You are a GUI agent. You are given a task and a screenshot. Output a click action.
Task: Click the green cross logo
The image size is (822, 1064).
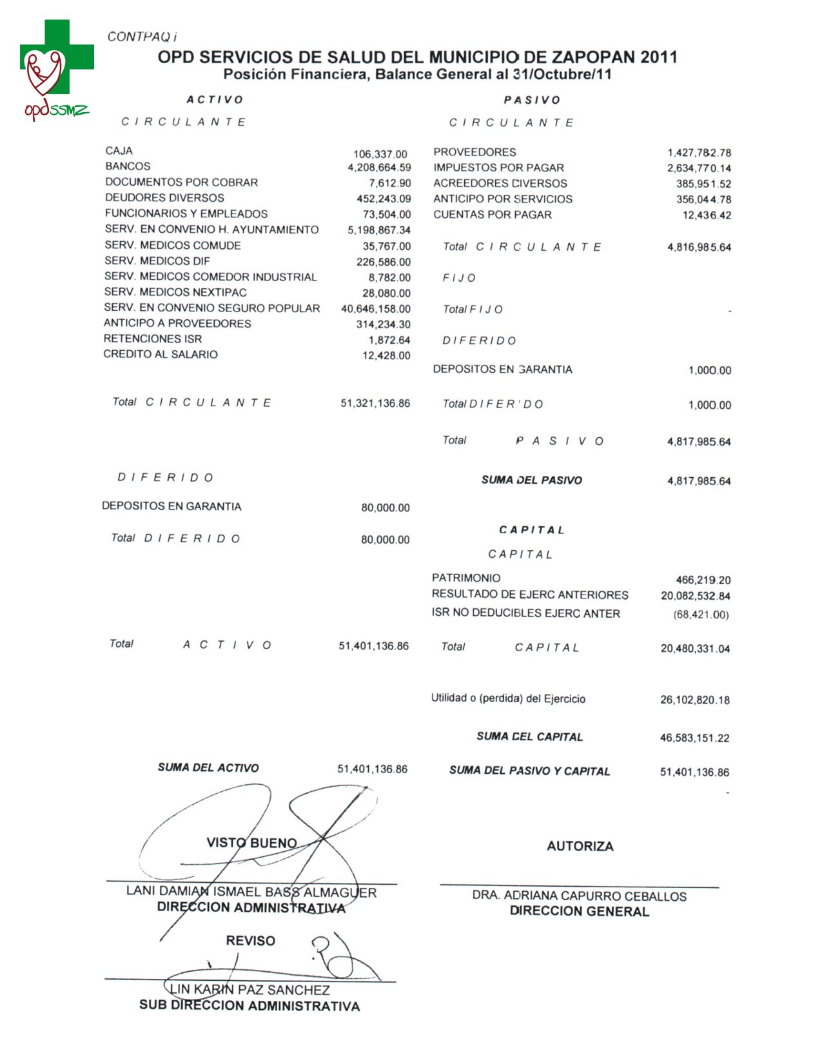pyautogui.click(x=57, y=57)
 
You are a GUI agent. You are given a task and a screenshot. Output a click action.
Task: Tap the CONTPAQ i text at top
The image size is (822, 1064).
pyautogui.click(x=142, y=37)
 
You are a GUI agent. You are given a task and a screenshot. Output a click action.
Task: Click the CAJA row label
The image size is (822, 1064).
pyautogui.click(x=119, y=151)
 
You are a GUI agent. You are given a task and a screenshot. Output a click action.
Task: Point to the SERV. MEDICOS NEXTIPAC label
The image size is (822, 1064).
pyautogui.click(x=175, y=292)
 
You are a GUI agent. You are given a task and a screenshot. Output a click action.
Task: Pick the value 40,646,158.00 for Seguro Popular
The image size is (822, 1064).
pyautogui.click(x=375, y=309)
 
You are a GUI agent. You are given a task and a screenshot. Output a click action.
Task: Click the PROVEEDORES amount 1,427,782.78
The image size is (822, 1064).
pyautogui.click(x=699, y=153)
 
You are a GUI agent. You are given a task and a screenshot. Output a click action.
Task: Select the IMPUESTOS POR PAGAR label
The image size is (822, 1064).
pyautogui.click(x=498, y=168)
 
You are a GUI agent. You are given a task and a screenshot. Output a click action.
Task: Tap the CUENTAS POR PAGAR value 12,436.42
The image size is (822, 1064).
pyautogui.click(x=707, y=215)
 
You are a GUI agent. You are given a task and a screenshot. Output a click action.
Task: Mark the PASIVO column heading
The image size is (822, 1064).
pyautogui.click(x=532, y=100)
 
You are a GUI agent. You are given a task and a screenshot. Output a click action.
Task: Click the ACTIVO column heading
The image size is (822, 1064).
pyautogui.click(x=215, y=100)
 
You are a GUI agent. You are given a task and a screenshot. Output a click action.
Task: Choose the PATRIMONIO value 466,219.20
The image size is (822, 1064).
pyautogui.click(x=703, y=580)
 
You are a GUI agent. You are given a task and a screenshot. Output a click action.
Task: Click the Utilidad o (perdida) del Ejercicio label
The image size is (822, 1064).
pyautogui.click(x=508, y=699)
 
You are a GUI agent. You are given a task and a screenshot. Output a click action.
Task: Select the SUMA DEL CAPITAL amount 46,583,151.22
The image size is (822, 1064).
pyautogui.click(x=694, y=738)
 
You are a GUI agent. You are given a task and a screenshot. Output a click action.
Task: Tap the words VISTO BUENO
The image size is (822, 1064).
pyautogui.click(x=251, y=843)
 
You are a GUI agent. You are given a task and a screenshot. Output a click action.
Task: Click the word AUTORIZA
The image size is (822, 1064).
pyautogui.click(x=580, y=847)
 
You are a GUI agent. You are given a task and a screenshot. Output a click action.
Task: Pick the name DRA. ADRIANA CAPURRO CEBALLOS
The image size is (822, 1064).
pyautogui.click(x=579, y=896)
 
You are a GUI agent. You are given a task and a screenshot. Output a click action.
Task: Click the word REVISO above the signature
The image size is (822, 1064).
pyautogui.click(x=250, y=941)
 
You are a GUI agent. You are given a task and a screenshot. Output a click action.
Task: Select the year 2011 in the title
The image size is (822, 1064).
pyautogui.click(x=658, y=57)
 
